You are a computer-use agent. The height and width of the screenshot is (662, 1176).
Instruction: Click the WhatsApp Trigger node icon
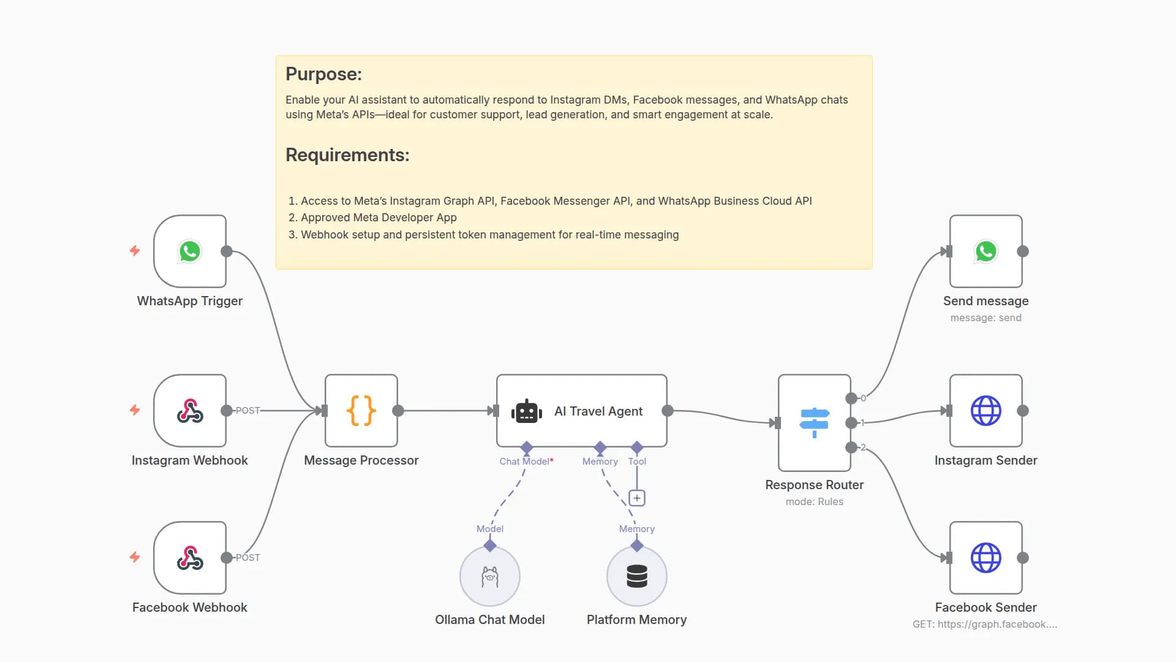pyautogui.click(x=190, y=251)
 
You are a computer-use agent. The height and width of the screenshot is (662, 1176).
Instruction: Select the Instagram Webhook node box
pyautogui.click(x=190, y=411)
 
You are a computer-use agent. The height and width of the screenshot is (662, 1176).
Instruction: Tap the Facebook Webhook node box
pyautogui.click(x=190, y=558)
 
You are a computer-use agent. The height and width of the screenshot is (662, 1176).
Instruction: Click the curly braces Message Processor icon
pyautogui.click(x=361, y=411)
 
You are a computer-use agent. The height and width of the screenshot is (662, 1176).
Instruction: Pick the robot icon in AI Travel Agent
pyautogui.click(x=527, y=411)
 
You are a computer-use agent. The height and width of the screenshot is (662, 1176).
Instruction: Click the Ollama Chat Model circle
pyautogui.click(x=490, y=576)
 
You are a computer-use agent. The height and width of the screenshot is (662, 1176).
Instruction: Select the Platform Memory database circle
pyautogui.click(x=637, y=576)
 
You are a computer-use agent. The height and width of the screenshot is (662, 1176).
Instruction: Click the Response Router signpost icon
pyautogui.click(x=814, y=422)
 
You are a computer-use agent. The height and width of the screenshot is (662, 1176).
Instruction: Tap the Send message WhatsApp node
pyautogui.click(x=986, y=251)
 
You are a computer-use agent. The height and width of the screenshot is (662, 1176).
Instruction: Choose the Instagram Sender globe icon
pyautogui.click(x=986, y=411)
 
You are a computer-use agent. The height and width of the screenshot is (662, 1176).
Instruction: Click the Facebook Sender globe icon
pyautogui.click(x=986, y=558)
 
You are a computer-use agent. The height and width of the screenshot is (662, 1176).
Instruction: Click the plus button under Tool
pyautogui.click(x=637, y=498)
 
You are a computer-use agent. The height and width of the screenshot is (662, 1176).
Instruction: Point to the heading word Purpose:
pyautogui.click(x=323, y=74)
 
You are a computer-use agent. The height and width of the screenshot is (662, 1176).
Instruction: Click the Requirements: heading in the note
pyautogui.click(x=347, y=155)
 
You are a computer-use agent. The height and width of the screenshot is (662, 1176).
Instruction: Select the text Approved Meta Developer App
pyautogui.click(x=379, y=218)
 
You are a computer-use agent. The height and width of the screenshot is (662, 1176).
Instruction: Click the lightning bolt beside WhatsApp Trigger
pyautogui.click(x=135, y=251)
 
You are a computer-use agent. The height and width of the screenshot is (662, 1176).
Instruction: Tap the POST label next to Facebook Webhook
pyautogui.click(x=248, y=557)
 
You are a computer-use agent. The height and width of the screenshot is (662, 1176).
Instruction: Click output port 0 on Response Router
pyautogui.click(x=851, y=398)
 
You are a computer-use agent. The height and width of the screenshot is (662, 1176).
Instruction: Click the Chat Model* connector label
pyautogui.click(x=526, y=461)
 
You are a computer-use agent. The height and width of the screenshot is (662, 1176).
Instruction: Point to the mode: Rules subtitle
pyautogui.click(x=814, y=501)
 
